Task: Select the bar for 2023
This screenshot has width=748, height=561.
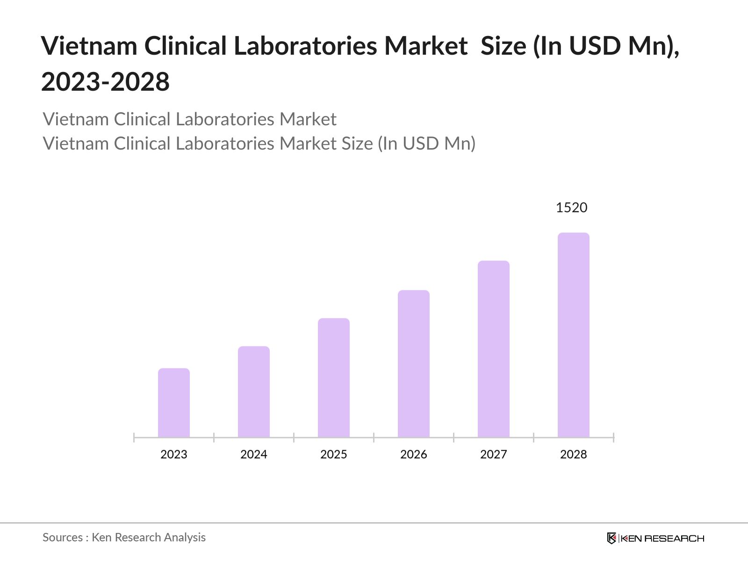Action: click(x=174, y=403)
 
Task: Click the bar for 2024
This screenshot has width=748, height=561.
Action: click(x=254, y=392)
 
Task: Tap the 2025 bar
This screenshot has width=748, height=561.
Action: click(x=334, y=378)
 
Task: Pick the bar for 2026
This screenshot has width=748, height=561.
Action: click(x=414, y=364)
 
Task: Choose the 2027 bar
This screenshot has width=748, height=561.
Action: click(x=494, y=349)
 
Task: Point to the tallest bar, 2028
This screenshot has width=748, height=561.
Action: click(x=574, y=335)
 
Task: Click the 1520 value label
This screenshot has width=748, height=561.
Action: click(x=571, y=208)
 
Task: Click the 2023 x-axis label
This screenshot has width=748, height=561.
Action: click(x=174, y=454)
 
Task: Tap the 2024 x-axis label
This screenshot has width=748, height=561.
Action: click(x=254, y=454)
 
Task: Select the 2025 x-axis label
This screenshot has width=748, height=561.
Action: click(x=334, y=454)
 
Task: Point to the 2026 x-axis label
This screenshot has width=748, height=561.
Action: click(x=414, y=454)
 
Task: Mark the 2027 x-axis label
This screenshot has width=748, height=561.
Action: click(x=494, y=454)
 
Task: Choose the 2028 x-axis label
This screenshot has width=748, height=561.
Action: click(x=574, y=454)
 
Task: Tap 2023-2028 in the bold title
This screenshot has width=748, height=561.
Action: click(x=105, y=82)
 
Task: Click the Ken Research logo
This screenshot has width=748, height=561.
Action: click(x=655, y=538)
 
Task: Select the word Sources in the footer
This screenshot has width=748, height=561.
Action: click(x=63, y=538)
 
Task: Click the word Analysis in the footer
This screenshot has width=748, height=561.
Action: click(x=184, y=538)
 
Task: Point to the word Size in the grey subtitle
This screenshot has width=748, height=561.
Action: click(x=357, y=144)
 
